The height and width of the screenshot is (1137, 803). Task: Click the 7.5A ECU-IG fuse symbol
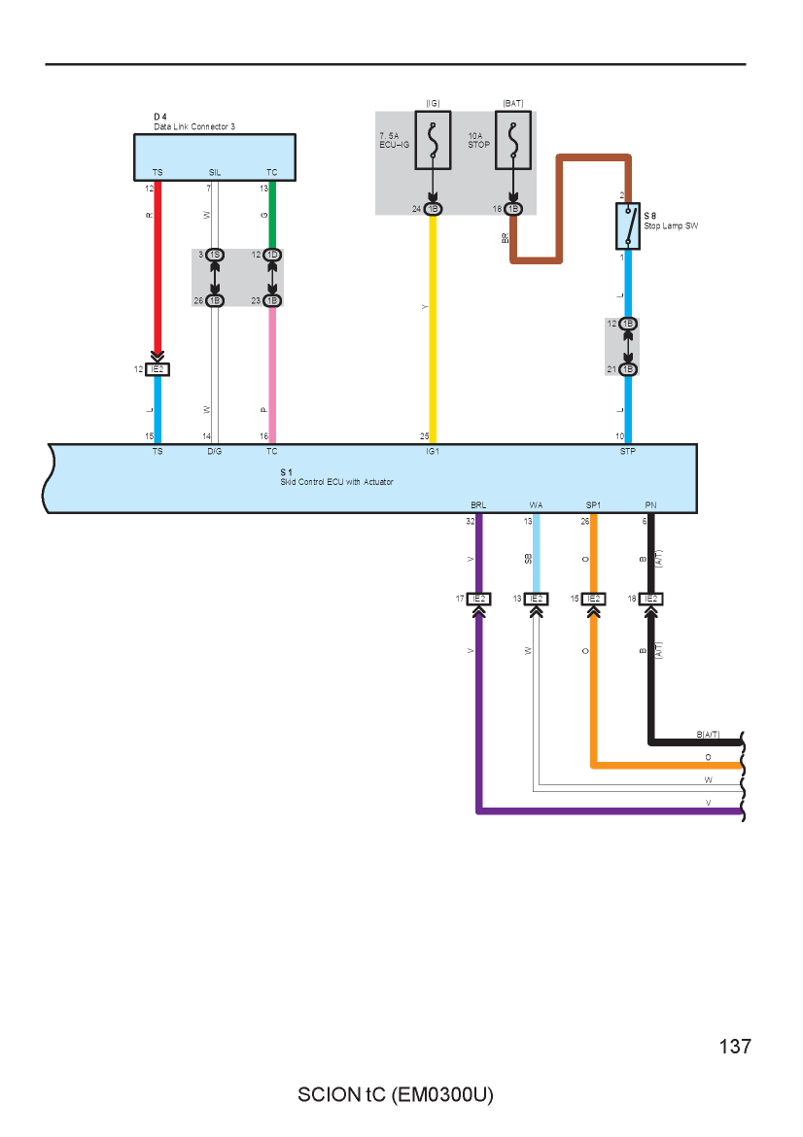point(433,140)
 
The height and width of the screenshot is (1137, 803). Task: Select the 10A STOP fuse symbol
point(513,140)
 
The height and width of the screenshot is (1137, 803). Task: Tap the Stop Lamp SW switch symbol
point(628,226)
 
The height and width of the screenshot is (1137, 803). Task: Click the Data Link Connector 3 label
point(194,127)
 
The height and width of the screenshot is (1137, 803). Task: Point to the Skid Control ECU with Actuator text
point(336,481)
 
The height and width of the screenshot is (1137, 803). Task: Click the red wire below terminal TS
point(157,267)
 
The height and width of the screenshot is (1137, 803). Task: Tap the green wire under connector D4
point(273,216)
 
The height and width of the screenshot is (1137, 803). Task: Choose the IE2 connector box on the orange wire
point(594,599)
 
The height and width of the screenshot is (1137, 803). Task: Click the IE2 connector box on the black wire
point(651,599)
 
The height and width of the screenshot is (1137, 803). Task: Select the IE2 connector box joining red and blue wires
point(157,370)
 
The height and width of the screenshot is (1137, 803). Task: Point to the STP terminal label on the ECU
point(628,451)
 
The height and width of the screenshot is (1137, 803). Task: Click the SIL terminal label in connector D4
point(215,173)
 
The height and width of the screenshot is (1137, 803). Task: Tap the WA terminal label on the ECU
point(536,505)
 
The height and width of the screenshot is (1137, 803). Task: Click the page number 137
point(736,1047)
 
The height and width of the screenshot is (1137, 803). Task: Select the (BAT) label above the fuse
point(513,104)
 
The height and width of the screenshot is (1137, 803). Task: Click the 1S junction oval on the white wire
point(215,256)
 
